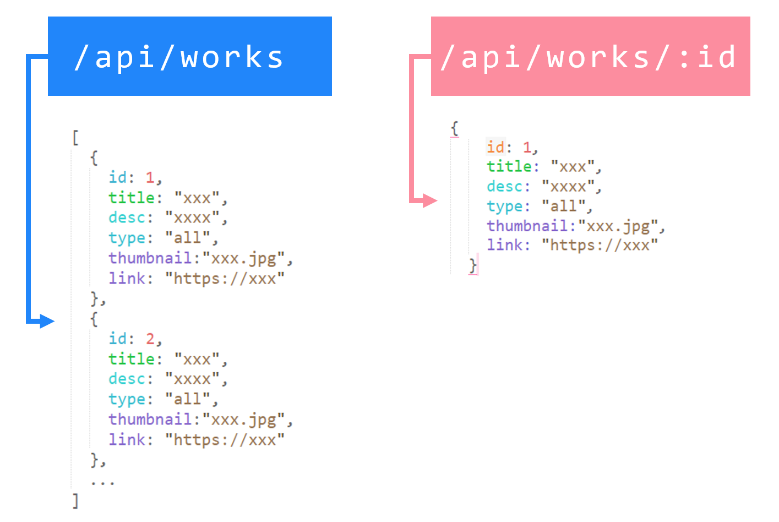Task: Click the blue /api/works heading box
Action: point(189,56)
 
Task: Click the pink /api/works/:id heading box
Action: point(590,56)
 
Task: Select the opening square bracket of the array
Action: point(75,138)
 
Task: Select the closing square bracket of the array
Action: point(75,501)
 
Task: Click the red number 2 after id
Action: point(150,339)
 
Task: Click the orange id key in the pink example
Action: point(495,147)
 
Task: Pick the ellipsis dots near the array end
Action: point(102,482)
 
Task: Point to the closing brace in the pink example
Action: point(473,265)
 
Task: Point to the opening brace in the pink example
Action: point(455,129)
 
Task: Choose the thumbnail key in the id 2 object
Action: point(150,420)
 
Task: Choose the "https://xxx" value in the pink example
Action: point(600,245)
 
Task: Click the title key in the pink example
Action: point(509,166)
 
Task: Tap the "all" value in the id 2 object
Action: point(188,399)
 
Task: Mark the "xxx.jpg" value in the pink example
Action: point(619,226)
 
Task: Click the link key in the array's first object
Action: point(127,279)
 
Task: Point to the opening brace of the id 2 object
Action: point(94,319)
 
